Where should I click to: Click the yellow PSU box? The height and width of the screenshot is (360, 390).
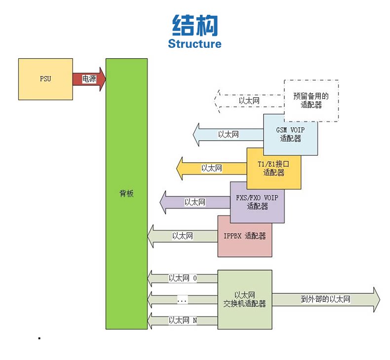tap(45, 79)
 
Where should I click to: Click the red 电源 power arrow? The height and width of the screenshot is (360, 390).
tap(89, 79)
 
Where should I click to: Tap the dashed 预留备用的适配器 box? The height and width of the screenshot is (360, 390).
tap(312, 100)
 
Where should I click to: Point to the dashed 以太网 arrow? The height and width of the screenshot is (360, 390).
tap(249, 101)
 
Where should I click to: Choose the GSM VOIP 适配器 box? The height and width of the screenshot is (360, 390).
tap(291, 135)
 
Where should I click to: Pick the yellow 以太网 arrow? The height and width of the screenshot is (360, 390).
tap(211, 168)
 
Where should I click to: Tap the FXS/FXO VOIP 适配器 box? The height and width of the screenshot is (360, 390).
tap(257, 202)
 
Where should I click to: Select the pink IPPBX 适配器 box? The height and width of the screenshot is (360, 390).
tap(244, 236)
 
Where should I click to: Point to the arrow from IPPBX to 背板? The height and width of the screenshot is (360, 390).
tap(182, 236)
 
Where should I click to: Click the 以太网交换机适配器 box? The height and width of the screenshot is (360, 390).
tap(244, 299)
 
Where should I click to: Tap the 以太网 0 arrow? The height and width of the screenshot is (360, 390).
tap(182, 278)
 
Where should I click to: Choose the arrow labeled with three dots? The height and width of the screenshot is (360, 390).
tap(182, 299)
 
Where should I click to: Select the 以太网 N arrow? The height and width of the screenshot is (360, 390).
tap(182, 321)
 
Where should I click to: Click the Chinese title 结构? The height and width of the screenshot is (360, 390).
tap(195, 25)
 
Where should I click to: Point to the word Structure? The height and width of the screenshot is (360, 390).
tap(195, 43)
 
